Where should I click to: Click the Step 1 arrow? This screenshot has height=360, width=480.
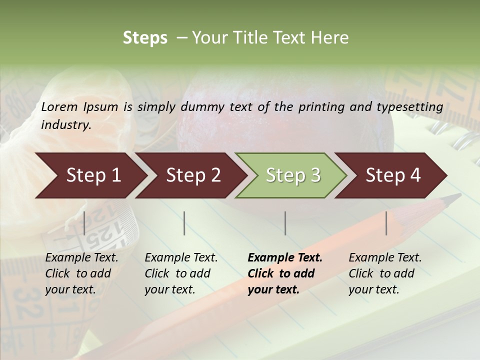(x=90, y=175)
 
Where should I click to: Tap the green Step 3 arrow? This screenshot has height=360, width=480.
(x=292, y=175)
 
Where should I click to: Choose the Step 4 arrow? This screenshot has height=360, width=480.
(x=392, y=175)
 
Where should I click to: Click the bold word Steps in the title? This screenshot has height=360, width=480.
(x=145, y=38)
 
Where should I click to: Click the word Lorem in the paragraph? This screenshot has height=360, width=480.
(x=59, y=106)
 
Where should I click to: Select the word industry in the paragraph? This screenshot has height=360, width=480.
(x=66, y=125)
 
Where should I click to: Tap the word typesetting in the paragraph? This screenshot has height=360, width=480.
(x=409, y=106)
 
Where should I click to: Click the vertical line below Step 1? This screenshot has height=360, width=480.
(x=84, y=223)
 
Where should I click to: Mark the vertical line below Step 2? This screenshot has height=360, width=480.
(x=184, y=223)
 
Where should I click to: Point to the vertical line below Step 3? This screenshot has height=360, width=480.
(x=285, y=223)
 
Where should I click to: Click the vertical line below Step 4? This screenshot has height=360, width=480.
(x=386, y=223)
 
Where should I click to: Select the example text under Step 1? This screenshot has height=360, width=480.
(x=81, y=273)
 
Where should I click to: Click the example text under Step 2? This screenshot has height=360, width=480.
(x=181, y=273)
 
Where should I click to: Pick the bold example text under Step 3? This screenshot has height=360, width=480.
(x=285, y=273)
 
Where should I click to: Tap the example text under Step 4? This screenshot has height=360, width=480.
(x=385, y=273)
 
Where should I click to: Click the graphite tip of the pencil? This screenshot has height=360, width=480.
(x=455, y=197)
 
